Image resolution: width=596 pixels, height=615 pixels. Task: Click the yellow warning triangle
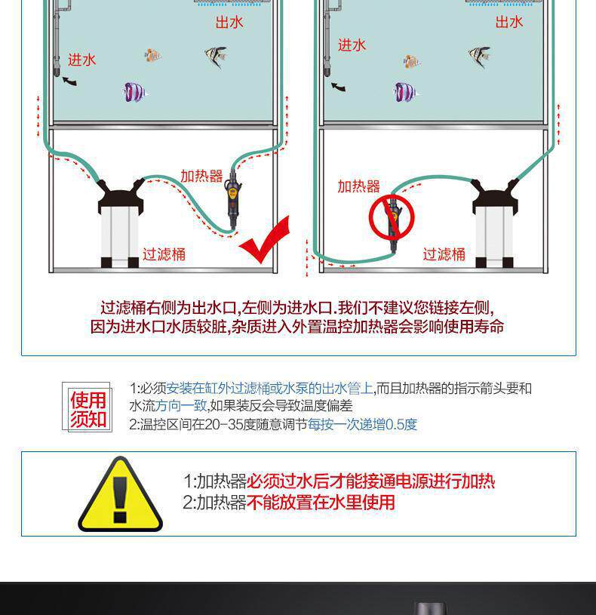(x=121, y=495)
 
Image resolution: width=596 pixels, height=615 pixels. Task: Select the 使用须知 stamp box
(x=87, y=407)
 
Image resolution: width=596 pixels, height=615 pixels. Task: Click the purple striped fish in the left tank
(x=134, y=92)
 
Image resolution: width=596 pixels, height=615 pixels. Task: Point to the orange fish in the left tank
(x=152, y=55)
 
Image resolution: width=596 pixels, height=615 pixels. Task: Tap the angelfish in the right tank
(x=479, y=56)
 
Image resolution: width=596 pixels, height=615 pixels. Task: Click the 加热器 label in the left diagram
(x=201, y=176)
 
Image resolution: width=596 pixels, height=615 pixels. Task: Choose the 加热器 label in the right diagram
(x=359, y=186)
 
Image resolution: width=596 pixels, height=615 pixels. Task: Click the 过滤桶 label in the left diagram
(x=164, y=254)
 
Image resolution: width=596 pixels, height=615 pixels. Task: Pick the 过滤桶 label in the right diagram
(x=444, y=254)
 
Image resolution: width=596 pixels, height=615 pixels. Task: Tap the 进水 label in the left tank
(x=81, y=60)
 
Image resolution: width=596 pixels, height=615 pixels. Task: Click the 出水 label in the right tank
(x=509, y=22)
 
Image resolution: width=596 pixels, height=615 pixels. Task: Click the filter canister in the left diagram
(x=121, y=223)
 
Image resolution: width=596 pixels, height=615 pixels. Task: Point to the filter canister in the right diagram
(x=495, y=223)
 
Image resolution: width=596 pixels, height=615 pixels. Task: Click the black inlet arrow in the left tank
(x=69, y=81)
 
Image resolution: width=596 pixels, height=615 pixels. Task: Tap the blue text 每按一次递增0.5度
(x=362, y=424)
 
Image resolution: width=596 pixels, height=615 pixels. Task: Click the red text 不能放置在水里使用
(x=321, y=503)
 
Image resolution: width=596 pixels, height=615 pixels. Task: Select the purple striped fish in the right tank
(x=405, y=92)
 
